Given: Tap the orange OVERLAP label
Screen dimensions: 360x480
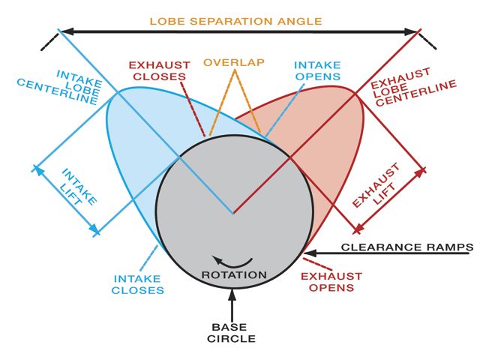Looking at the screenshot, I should pyautogui.click(x=233, y=61).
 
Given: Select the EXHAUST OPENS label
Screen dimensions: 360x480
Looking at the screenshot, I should pyautogui.click(x=331, y=281).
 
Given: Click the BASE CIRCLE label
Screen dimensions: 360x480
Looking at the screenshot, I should pyautogui.click(x=232, y=333).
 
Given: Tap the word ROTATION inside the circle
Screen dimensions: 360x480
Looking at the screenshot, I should pyautogui.click(x=234, y=274).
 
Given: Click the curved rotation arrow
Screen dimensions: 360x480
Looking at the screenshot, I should pyautogui.click(x=231, y=261).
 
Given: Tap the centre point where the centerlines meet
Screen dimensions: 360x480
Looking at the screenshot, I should pyautogui.click(x=233, y=213).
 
